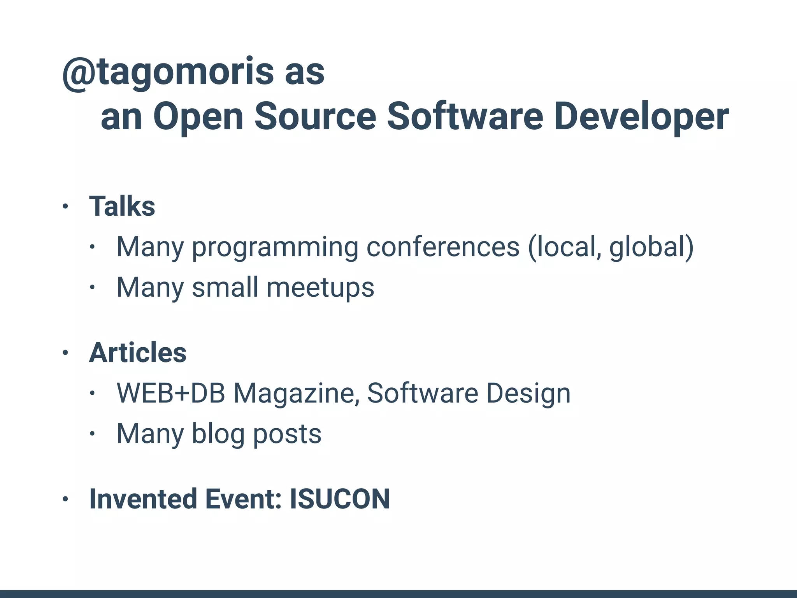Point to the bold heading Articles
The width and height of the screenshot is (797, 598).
(138, 353)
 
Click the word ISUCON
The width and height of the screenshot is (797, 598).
(339, 499)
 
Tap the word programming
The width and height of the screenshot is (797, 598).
(275, 248)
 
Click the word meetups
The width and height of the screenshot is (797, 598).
(320, 288)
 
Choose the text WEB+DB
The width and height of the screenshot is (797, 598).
(171, 393)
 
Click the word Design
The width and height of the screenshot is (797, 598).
(528, 394)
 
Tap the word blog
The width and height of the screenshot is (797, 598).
(218, 434)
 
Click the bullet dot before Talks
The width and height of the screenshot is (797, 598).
(65, 206)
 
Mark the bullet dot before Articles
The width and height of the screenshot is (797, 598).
(65, 353)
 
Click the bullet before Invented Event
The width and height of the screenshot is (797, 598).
(65, 499)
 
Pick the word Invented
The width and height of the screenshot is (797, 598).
(143, 499)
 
